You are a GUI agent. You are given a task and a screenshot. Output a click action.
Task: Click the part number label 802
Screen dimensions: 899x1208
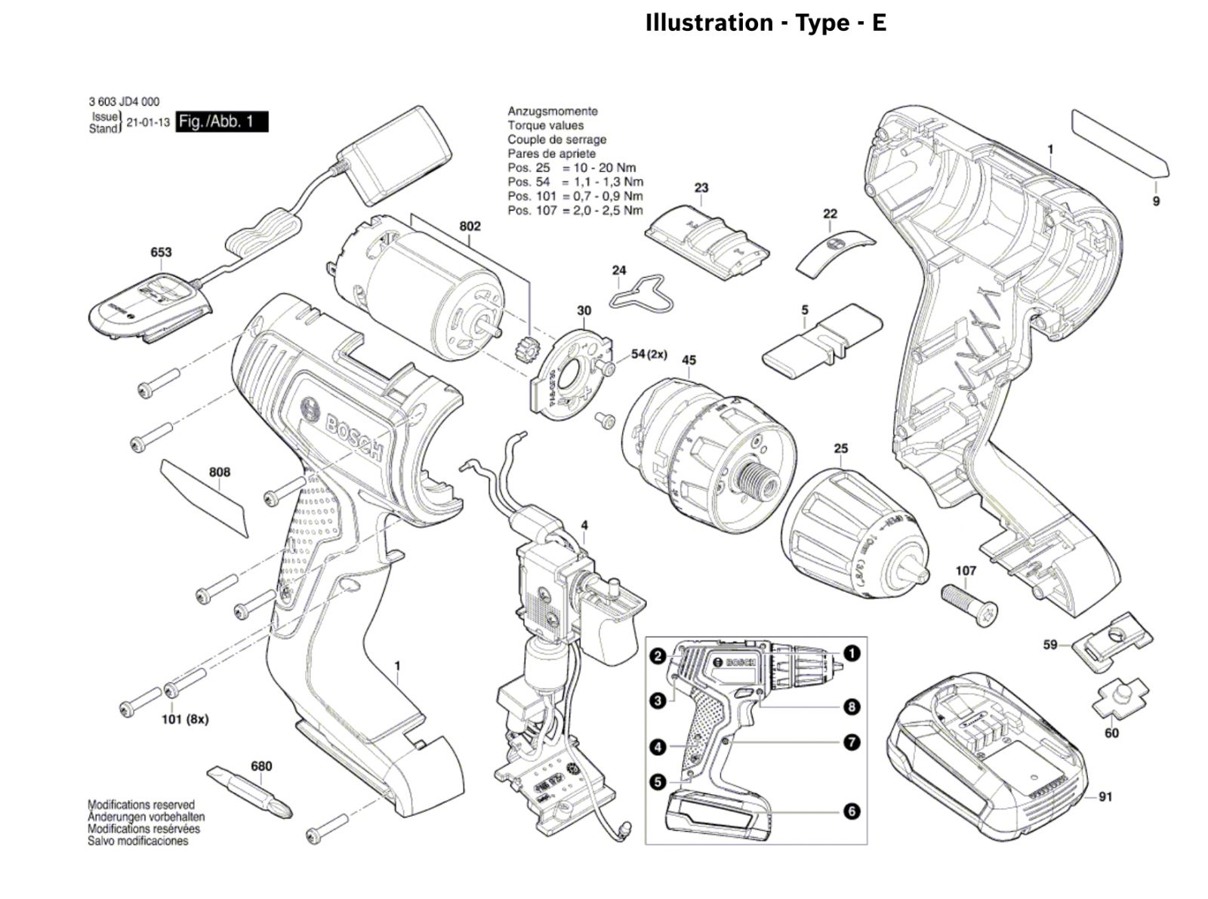(470, 226)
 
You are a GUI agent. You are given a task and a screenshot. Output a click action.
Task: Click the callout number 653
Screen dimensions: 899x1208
(161, 252)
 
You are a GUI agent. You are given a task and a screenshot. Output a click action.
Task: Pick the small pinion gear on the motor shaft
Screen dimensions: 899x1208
(522, 351)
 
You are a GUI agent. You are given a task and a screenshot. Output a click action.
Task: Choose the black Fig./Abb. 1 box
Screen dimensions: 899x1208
(222, 122)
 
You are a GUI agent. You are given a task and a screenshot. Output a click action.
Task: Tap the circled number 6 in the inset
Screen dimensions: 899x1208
(852, 811)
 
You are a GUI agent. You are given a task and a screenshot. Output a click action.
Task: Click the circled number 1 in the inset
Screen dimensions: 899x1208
(852, 653)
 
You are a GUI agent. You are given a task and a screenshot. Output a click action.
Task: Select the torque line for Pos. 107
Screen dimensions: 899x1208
(575, 211)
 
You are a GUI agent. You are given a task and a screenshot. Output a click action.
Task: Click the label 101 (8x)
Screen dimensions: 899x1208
(185, 719)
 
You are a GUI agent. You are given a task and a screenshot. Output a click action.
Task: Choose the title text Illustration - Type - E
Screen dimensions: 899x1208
(766, 23)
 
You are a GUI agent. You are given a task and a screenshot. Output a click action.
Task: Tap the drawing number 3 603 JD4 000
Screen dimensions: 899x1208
(124, 102)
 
